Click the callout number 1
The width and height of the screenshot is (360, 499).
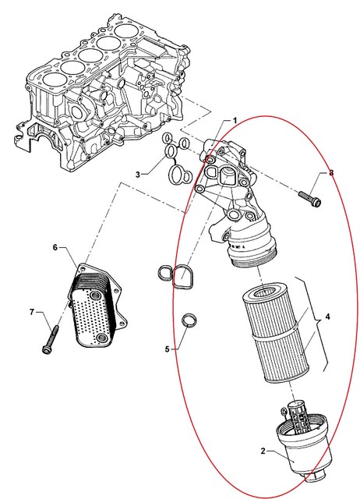(x=233, y=121)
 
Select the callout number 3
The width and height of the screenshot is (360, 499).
(x=137, y=175)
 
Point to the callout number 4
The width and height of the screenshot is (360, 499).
(x=328, y=317)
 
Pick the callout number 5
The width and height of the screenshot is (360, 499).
(x=168, y=350)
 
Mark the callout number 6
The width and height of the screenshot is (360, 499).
(x=55, y=247)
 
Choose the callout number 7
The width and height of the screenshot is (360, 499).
(x=32, y=313)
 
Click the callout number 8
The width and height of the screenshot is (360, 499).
(x=330, y=173)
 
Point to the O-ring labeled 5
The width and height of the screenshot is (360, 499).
(x=189, y=320)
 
